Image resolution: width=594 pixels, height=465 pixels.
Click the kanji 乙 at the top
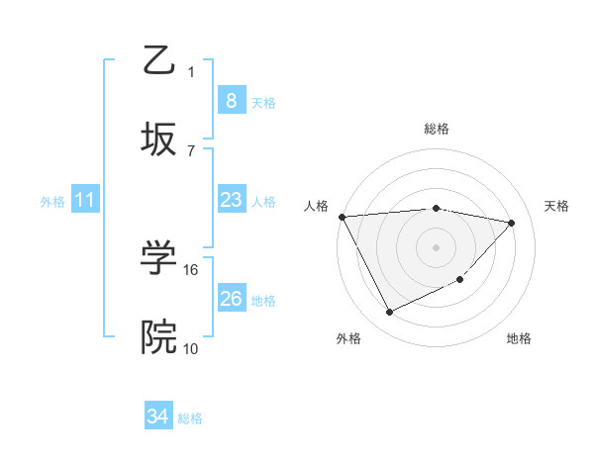tap(160, 61)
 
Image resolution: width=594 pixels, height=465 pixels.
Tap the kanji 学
tap(160, 259)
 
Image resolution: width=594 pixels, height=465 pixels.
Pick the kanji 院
tap(160, 337)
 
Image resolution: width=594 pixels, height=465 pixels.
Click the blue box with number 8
tap(231, 101)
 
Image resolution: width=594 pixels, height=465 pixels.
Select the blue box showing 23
tap(231, 200)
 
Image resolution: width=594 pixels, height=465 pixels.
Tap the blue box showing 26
tap(231, 299)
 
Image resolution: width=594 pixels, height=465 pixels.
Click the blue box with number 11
tap(84, 200)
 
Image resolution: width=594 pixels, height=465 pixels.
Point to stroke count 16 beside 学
tap(192, 269)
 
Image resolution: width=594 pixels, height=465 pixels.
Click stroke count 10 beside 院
tap(191, 348)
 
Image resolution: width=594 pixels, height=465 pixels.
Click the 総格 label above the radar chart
tap(437, 129)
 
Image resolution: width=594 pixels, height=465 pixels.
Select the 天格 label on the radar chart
tap(556, 206)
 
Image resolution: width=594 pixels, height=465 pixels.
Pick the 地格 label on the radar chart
tap(519, 338)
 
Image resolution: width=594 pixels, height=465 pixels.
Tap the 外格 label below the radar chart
tap(348, 338)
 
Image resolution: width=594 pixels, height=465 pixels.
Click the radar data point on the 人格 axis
tap(343, 217)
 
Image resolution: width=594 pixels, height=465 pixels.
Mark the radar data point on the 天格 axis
tap(512, 223)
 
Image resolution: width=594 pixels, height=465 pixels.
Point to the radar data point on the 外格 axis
tap(389, 313)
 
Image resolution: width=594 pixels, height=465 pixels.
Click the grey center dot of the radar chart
tap(437, 246)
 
